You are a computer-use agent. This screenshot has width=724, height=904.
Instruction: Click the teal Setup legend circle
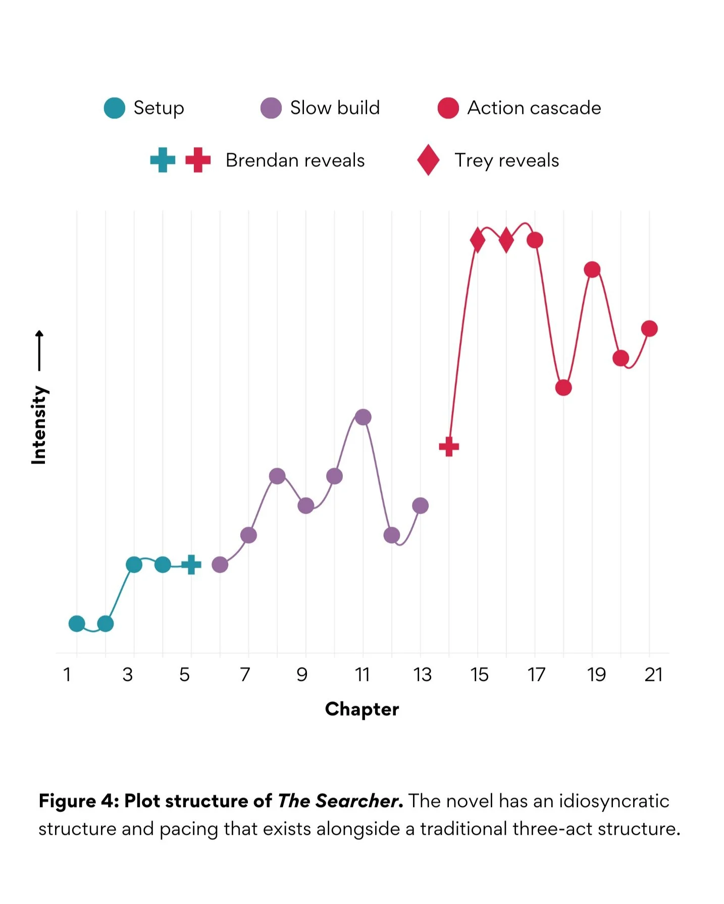pyautogui.click(x=115, y=108)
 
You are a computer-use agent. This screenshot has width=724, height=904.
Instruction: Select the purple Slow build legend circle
pyautogui.click(x=271, y=108)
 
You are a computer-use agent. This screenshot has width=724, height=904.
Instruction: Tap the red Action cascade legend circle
pyautogui.click(x=448, y=108)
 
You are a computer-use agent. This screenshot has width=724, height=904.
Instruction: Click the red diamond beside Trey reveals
pyautogui.click(x=428, y=160)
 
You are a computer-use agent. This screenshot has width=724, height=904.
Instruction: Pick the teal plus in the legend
pyautogui.click(x=163, y=160)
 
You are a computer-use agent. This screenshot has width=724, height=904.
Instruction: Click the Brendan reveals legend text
pyautogui.click(x=295, y=160)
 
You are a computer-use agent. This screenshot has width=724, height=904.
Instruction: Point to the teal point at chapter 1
pyautogui.click(x=77, y=624)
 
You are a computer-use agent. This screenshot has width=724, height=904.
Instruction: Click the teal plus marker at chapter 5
pyautogui.click(x=191, y=564)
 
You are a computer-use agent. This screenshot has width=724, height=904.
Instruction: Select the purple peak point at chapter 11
pyautogui.click(x=363, y=417)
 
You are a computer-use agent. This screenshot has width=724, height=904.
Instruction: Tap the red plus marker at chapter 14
pyautogui.click(x=449, y=446)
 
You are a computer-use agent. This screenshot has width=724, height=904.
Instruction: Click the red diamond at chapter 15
pyautogui.click(x=478, y=240)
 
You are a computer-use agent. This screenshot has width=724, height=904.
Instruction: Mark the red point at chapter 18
pyautogui.click(x=563, y=387)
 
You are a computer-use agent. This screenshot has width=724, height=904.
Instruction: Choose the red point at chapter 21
pyautogui.click(x=649, y=329)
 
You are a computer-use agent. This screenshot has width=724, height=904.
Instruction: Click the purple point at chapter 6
pyautogui.click(x=220, y=564)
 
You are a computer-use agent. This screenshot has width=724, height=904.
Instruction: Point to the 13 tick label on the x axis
pyautogui.click(x=422, y=674)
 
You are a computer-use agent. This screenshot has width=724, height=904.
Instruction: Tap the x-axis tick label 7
pyautogui.click(x=245, y=674)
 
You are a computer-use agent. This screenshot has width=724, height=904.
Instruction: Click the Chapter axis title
pyautogui.click(x=362, y=709)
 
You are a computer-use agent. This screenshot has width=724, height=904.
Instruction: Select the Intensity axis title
pyautogui.click(x=39, y=425)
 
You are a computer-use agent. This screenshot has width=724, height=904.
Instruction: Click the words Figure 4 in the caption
pyautogui.click(x=78, y=801)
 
